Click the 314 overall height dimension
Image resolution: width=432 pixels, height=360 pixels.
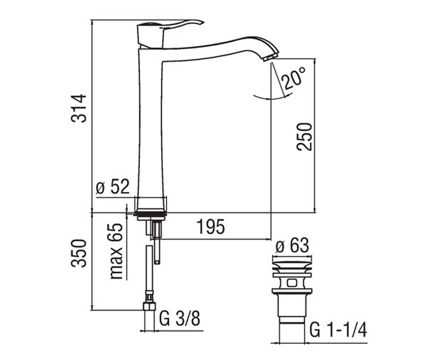click(x=78, y=108)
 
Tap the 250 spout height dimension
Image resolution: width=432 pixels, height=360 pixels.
click(x=304, y=136)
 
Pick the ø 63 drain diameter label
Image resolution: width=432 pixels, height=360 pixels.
click(x=292, y=246)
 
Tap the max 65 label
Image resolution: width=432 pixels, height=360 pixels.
click(x=116, y=251)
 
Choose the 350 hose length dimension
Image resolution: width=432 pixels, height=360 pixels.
click(x=78, y=253)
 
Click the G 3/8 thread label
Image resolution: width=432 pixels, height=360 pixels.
click(x=180, y=319)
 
